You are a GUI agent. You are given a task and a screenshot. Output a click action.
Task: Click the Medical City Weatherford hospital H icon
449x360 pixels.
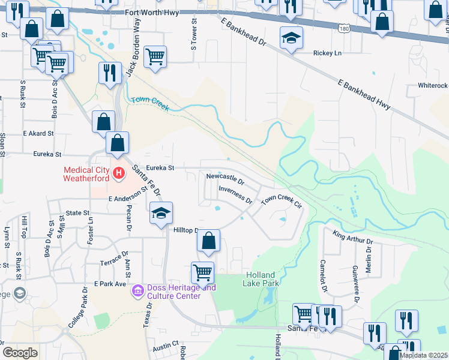(x=119, y=174)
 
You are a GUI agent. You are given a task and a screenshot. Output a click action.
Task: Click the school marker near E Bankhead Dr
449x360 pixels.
(x=291, y=39)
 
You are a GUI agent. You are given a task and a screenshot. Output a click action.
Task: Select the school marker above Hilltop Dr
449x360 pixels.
(x=161, y=214)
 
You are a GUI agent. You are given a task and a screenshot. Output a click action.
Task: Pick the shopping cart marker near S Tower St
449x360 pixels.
(x=155, y=57)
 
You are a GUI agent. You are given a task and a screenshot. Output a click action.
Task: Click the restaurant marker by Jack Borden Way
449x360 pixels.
(x=109, y=73)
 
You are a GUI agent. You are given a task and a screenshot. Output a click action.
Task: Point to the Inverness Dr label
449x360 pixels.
(x=235, y=194)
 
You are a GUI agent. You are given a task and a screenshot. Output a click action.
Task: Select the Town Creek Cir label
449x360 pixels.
(x=280, y=200)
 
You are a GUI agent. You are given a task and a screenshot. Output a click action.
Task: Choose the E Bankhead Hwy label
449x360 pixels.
(x=364, y=95)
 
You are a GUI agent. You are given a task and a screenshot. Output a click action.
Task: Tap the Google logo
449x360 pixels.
(x=20, y=353)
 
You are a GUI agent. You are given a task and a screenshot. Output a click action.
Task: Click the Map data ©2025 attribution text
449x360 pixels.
(x=423, y=355)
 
